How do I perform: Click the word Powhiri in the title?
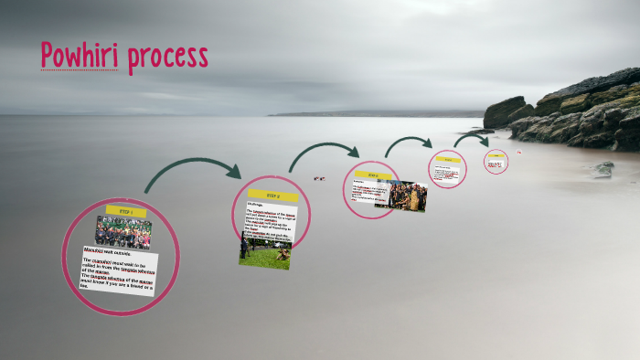[80, 57]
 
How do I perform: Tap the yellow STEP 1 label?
[126, 211]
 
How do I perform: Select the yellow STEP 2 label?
[272, 196]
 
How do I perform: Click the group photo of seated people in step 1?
[123, 233]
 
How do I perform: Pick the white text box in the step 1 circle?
[119, 270]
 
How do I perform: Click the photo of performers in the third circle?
[407, 196]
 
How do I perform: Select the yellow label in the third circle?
[373, 175]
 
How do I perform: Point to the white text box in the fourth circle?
[447, 172]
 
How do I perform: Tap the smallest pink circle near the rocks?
[496, 162]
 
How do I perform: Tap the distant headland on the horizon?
[366, 113]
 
